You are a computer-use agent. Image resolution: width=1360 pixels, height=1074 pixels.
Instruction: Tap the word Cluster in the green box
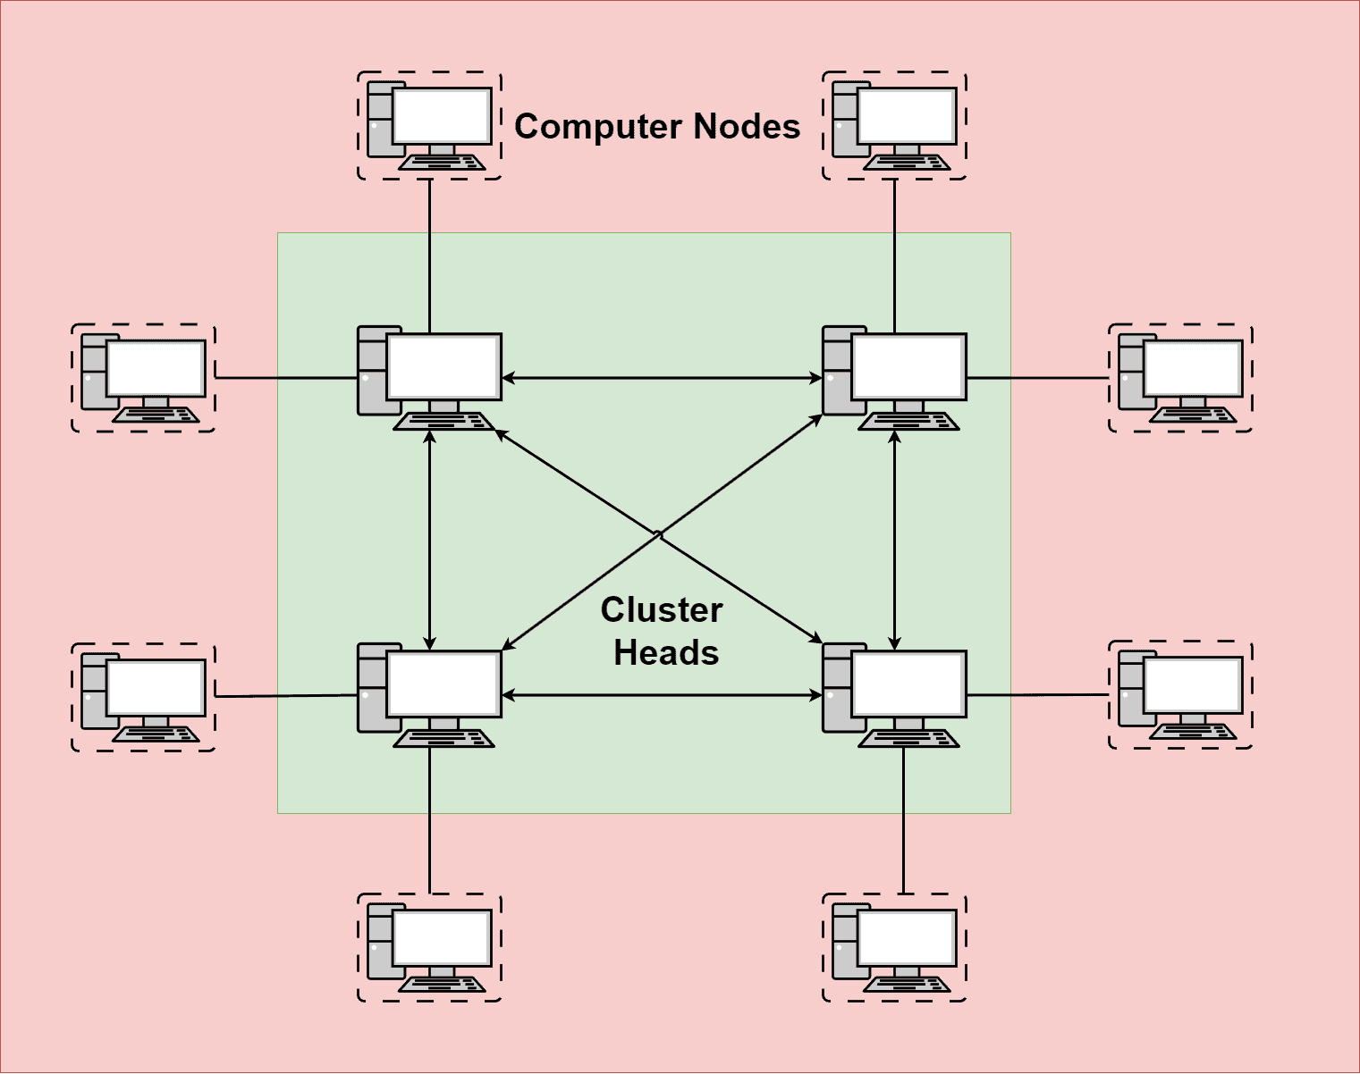pos(662,610)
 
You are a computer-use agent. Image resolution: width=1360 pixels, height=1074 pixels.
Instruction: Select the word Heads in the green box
pos(666,653)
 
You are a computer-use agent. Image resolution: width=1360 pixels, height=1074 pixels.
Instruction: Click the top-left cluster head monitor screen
pos(443,367)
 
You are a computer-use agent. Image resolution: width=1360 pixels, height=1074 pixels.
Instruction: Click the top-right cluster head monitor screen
pos(908,367)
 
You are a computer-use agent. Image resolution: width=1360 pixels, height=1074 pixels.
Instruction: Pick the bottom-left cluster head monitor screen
pos(443,684)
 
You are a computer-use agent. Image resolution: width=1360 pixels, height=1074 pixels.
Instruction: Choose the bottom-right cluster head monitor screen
pos(908,684)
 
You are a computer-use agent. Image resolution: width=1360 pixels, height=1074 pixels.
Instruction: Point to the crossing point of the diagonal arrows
pos(659,535)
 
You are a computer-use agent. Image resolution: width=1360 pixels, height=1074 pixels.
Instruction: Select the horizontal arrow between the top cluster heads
pos(662,378)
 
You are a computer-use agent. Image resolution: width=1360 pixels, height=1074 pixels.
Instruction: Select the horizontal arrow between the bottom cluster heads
pos(662,694)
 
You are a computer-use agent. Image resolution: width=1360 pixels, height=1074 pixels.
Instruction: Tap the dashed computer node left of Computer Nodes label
pos(429,126)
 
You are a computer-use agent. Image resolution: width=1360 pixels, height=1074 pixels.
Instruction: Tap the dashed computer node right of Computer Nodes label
pos(894,126)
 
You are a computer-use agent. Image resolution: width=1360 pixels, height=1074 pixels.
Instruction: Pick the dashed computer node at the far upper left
pos(143,378)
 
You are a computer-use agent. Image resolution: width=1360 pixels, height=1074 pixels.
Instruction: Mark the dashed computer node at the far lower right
pos(1180,695)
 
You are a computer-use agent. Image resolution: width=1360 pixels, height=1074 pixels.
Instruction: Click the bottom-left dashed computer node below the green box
pos(429,947)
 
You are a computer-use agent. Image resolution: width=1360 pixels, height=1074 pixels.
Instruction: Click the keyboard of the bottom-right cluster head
pos(908,738)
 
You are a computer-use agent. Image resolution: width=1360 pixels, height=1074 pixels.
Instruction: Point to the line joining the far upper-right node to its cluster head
pos(1037,378)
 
